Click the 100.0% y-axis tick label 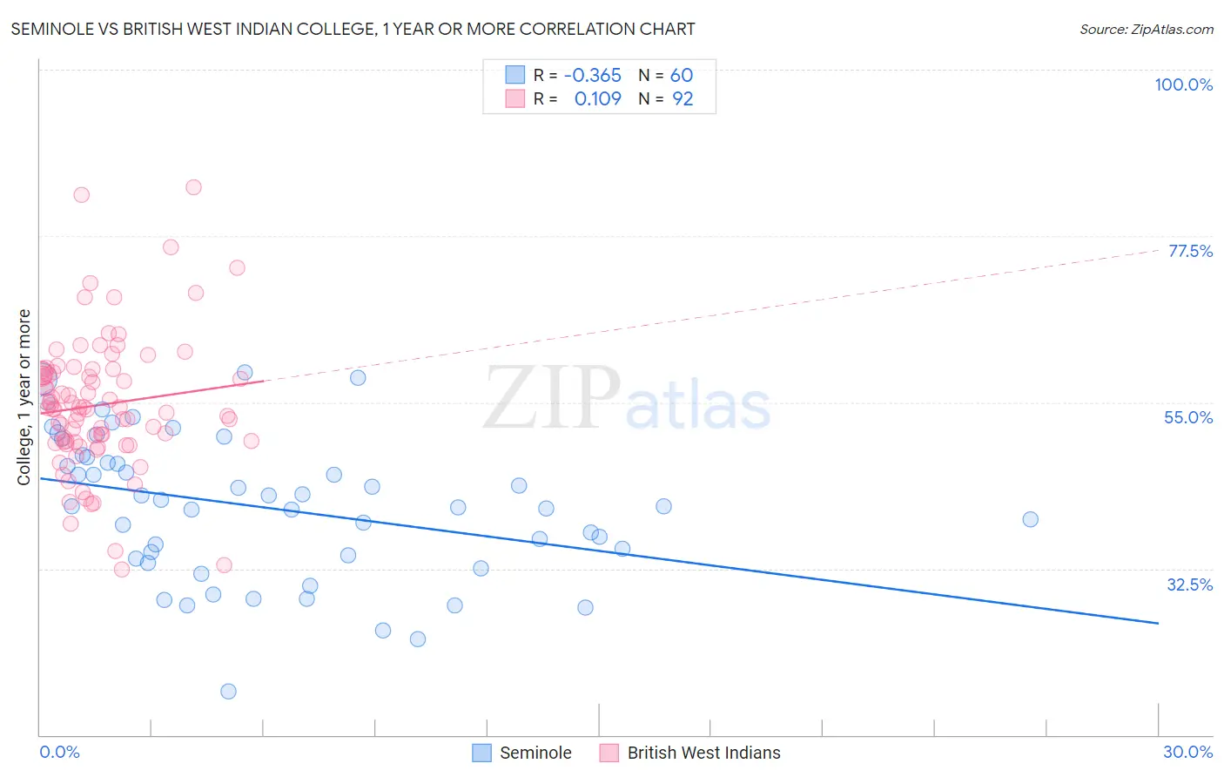pyautogui.click(x=1183, y=84)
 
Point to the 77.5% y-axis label pyautogui.click(x=1190, y=251)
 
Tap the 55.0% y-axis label pyautogui.click(x=1188, y=417)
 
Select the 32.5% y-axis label pyautogui.click(x=1189, y=584)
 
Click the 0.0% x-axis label pyautogui.click(x=59, y=752)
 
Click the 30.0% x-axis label pyautogui.click(x=1187, y=752)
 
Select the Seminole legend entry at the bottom pyautogui.click(x=522, y=753)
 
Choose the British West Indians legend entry pyautogui.click(x=690, y=753)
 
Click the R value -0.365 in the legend pyautogui.click(x=592, y=75)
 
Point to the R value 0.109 pyautogui.click(x=597, y=98)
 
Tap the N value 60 pyautogui.click(x=681, y=75)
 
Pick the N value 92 pyautogui.click(x=683, y=98)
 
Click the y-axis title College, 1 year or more pyautogui.click(x=24, y=397)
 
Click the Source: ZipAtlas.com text pyautogui.click(x=1146, y=29)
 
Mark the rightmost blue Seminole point pyautogui.click(x=1030, y=519)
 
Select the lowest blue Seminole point pyautogui.click(x=228, y=691)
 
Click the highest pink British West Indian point pyautogui.click(x=193, y=187)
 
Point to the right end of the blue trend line pyautogui.click(x=1158, y=623)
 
